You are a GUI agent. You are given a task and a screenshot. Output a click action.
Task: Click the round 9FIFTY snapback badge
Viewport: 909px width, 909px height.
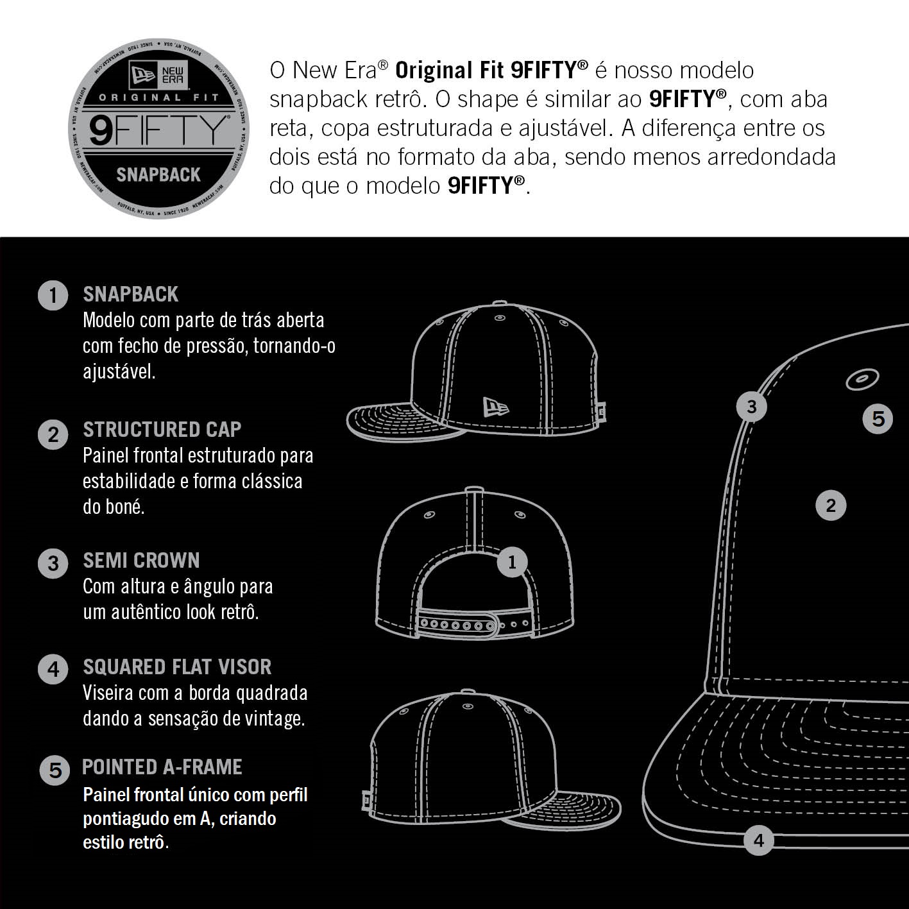tap(159, 129)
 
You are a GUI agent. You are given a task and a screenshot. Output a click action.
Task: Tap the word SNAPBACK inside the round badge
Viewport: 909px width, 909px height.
tap(158, 175)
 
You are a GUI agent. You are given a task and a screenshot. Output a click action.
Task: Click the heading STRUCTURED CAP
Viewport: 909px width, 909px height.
tap(162, 430)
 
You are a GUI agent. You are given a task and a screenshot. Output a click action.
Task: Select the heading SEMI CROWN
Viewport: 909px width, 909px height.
tap(142, 561)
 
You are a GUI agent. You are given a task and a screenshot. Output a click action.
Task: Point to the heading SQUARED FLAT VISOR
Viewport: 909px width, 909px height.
tap(177, 667)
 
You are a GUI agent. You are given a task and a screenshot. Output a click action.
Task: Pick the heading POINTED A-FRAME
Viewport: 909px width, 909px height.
tap(162, 767)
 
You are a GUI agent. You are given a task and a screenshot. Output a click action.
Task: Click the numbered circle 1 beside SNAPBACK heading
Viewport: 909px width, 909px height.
tap(53, 295)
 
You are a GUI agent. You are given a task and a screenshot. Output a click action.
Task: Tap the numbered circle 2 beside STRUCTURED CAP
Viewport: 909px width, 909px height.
tap(53, 434)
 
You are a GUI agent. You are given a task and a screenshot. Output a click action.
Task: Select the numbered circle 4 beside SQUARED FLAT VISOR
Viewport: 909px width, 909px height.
tap(53, 669)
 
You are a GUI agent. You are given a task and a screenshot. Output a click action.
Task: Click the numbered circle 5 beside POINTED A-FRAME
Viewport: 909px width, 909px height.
tap(55, 770)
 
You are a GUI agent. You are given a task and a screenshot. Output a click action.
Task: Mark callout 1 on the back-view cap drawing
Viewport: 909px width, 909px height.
tap(512, 562)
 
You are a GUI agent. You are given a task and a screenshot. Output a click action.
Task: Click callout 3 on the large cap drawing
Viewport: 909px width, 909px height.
tap(751, 407)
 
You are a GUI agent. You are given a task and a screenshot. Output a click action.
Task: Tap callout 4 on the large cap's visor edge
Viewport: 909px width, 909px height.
tap(758, 840)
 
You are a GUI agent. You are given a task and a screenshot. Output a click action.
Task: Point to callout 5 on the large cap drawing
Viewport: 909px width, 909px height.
tap(878, 419)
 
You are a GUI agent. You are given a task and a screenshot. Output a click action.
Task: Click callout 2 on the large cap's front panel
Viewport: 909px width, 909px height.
tap(831, 505)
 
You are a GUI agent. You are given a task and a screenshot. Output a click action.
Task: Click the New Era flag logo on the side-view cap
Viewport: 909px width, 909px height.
tap(496, 407)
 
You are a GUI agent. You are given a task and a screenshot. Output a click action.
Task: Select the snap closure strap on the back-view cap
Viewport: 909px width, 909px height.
tap(475, 625)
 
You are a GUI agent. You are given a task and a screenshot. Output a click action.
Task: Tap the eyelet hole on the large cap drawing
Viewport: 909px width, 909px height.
tap(862, 378)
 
